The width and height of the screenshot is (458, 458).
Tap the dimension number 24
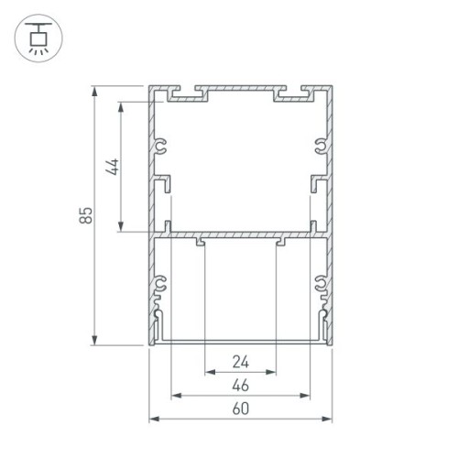[240, 360]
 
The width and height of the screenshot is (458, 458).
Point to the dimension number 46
[240, 384]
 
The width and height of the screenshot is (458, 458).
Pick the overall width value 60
[240, 409]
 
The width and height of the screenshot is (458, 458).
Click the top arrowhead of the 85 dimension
[95, 92]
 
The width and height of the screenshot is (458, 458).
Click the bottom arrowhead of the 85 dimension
[95, 342]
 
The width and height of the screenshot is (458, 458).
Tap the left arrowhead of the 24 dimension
[207, 372]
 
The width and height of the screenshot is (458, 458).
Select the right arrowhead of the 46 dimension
[308, 396]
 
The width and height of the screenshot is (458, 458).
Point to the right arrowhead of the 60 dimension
[329, 420]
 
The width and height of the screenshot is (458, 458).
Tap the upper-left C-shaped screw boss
[161, 146]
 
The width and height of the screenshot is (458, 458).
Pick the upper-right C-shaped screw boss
[320, 146]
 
